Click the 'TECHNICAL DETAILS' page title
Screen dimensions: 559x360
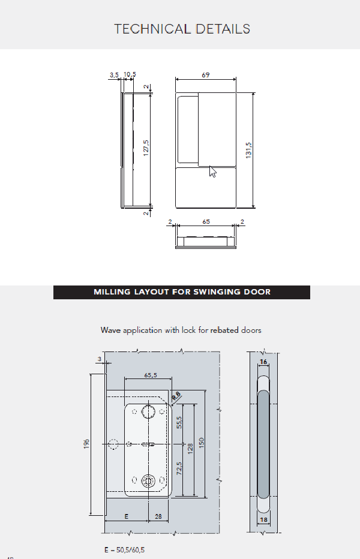[x=182, y=29]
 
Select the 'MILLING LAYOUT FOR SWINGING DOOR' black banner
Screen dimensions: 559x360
[x=182, y=292]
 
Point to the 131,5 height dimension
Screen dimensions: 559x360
[x=248, y=150]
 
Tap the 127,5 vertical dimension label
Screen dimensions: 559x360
[x=146, y=148]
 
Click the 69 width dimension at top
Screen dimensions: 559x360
[x=206, y=75]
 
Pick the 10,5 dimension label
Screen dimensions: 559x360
[x=130, y=75]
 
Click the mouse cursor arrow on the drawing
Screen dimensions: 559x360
[x=212, y=172]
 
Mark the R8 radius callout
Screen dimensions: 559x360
[x=175, y=395]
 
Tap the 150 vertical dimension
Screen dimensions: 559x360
[x=202, y=443]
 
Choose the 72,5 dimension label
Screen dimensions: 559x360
[x=178, y=468]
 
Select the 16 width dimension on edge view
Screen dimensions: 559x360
[x=263, y=362]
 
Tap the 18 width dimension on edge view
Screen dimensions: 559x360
[x=263, y=520]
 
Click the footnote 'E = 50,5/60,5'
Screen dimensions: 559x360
[x=124, y=549]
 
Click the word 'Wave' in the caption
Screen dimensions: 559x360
[x=111, y=330]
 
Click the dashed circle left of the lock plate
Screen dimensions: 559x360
[x=113, y=445]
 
